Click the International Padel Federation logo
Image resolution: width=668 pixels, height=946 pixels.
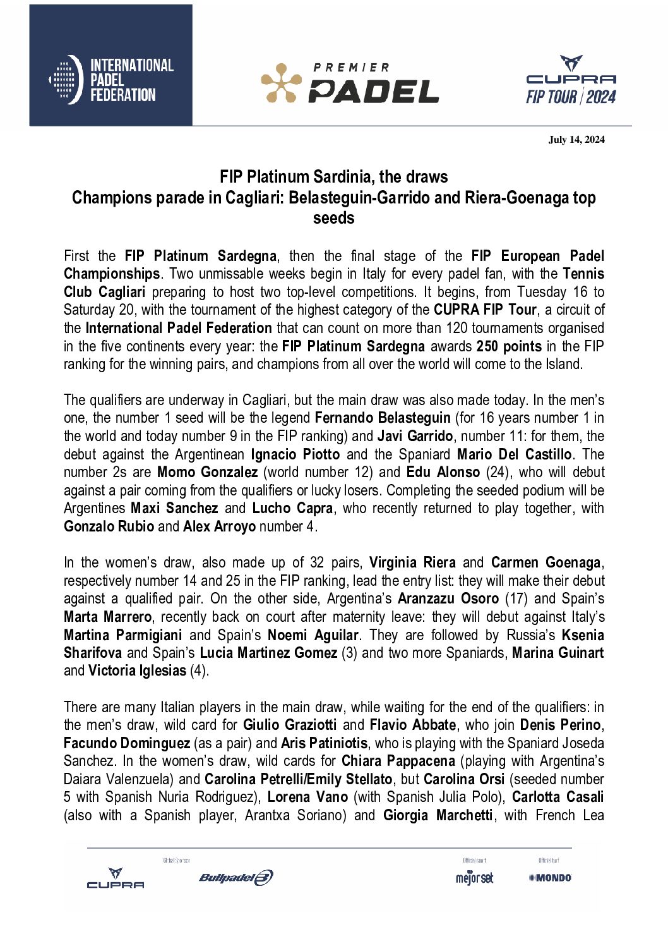111,80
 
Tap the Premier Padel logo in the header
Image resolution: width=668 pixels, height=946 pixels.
350,83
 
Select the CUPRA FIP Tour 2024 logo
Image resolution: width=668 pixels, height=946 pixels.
571,80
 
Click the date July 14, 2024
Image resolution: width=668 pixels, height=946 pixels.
576,140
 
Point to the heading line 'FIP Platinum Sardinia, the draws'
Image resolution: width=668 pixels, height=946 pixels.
333,177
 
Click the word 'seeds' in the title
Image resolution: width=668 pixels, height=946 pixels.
333,218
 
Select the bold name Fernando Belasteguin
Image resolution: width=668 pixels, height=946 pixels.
383,418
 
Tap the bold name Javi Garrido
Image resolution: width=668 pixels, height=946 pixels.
415,436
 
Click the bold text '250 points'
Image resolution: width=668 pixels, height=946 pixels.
509,346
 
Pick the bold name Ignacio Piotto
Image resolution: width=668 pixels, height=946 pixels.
295,454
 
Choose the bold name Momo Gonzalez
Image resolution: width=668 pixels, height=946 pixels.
207,472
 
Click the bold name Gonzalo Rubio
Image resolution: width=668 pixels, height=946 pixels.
109,526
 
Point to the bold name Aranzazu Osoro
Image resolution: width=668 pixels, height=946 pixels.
448,598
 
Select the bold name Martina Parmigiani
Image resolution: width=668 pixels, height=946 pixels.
122,635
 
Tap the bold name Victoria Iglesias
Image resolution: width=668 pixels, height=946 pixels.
137,670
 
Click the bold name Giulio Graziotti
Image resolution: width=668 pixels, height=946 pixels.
289,725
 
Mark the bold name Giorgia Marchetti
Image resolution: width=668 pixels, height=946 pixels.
438,815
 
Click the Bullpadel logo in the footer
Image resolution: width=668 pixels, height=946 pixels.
236,877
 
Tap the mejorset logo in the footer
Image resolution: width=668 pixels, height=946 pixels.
474,878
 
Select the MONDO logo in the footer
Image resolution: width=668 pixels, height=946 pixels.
550,877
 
